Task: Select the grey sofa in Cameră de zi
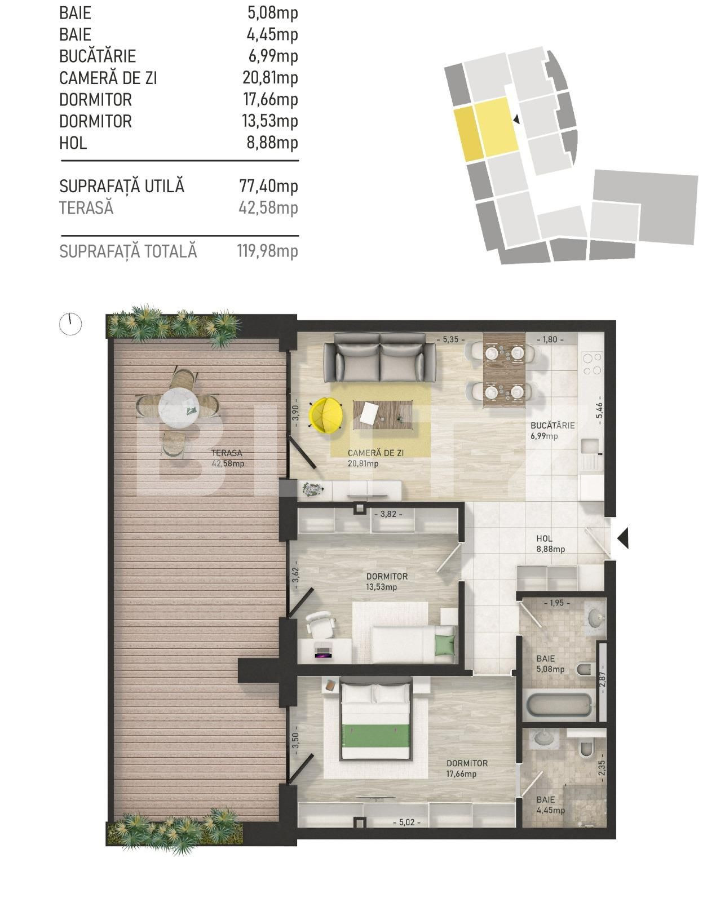(379, 357)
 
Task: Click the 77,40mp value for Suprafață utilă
(268, 186)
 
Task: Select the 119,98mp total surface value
(267, 251)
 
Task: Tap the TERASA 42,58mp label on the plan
(227, 458)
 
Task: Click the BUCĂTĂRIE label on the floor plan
(552, 426)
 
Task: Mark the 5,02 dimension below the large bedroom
(407, 823)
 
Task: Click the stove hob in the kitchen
(592, 364)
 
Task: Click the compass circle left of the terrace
(70, 324)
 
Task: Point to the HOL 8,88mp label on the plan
(550, 543)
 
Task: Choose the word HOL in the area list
(73, 143)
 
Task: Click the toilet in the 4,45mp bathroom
(586, 749)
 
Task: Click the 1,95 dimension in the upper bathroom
(556, 603)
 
